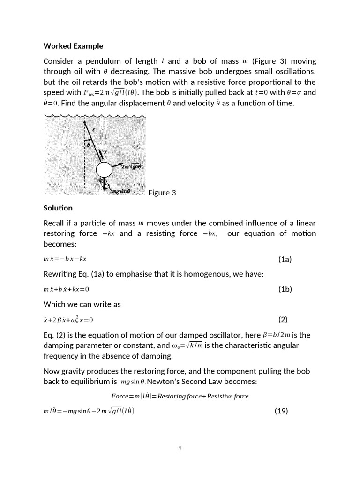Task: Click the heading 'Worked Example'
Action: [73, 46]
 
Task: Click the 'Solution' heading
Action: [58, 208]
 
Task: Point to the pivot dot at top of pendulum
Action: [85, 124]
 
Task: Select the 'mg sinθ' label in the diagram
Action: [120, 191]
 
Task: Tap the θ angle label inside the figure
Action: [88, 145]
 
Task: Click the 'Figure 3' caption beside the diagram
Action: [162, 193]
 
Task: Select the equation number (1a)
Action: [285, 259]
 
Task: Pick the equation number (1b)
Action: [285, 289]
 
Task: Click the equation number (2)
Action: [283, 320]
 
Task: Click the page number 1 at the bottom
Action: [180, 449]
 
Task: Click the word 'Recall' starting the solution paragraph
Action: [55, 223]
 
